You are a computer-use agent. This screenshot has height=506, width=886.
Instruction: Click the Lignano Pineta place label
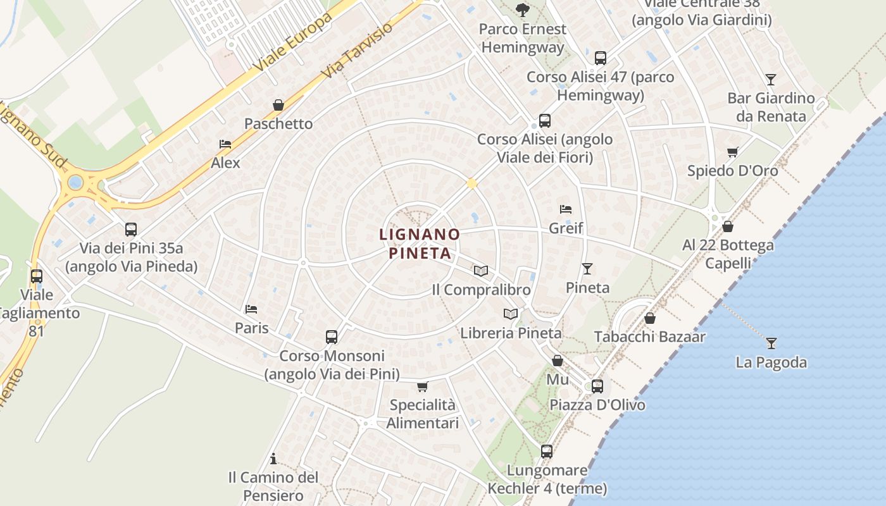(x=419, y=244)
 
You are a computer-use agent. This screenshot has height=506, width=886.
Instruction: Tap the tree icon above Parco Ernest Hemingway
(x=522, y=9)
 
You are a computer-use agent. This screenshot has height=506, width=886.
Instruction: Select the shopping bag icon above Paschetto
(x=278, y=105)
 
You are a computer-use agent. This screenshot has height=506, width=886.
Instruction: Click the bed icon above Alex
(x=225, y=144)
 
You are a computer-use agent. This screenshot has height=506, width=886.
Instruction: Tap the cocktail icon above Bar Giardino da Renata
(x=770, y=79)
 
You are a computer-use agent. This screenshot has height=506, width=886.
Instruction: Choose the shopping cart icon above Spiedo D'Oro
(x=733, y=152)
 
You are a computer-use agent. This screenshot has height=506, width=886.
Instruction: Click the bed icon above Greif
(x=566, y=209)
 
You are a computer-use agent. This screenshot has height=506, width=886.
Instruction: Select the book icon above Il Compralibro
(x=481, y=271)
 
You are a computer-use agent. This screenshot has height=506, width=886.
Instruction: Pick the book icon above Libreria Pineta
(x=511, y=314)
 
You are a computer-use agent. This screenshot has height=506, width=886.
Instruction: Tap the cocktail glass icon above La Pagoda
(x=771, y=343)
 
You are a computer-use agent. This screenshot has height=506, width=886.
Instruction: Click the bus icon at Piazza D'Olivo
(x=597, y=386)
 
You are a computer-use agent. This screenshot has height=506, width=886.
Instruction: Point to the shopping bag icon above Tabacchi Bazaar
(x=649, y=318)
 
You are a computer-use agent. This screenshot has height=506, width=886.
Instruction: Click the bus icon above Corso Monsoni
(x=332, y=337)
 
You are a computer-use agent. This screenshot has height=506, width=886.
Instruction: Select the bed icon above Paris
(x=251, y=309)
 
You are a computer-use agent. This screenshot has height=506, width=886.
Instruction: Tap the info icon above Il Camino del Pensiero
(x=273, y=458)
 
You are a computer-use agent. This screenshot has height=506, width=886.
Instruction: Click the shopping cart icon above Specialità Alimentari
(x=422, y=386)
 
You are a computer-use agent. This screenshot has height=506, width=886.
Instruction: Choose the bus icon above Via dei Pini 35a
(x=131, y=229)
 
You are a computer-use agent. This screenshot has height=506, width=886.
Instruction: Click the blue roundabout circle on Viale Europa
(x=75, y=183)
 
